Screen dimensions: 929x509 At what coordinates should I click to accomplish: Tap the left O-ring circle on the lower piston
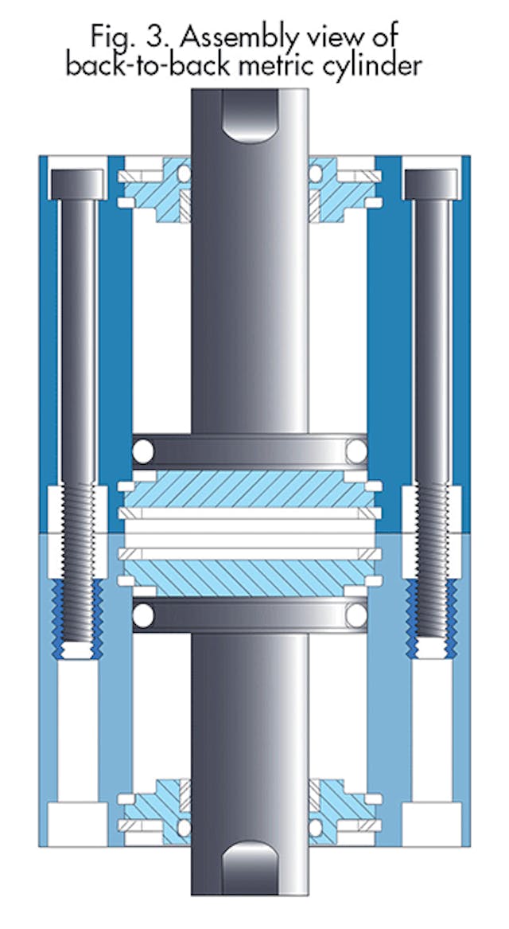coord(143,614)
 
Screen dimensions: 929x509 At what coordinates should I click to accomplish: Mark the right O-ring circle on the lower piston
coord(356,614)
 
